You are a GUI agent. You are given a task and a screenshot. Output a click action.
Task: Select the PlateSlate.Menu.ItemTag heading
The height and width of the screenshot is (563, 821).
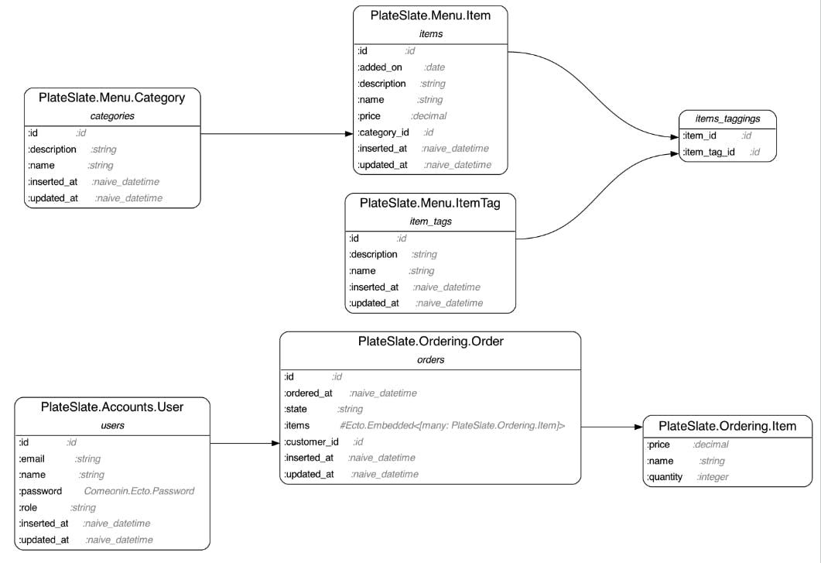click(x=430, y=203)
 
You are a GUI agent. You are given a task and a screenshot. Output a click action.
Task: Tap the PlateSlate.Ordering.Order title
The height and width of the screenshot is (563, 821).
click(x=430, y=341)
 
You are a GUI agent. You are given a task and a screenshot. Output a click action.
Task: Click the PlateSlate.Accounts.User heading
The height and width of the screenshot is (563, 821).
click(x=112, y=407)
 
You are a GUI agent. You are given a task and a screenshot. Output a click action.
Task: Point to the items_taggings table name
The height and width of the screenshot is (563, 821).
click(x=727, y=119)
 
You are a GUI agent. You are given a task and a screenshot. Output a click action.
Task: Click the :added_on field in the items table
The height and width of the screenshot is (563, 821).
click(x=380, y=67)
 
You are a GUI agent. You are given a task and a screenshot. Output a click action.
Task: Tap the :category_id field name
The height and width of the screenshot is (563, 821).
click(x=383, y=132)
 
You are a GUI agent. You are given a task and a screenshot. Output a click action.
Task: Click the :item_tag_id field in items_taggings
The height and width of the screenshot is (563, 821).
click(x=709, y=152)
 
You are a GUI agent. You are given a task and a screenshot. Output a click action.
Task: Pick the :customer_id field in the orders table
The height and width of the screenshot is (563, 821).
click(x=312, y=441)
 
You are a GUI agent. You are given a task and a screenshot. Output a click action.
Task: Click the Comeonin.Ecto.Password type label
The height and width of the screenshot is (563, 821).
click(x=139, y=491)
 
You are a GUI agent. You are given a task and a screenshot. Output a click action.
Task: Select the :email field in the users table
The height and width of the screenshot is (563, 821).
click(x=32, y=458)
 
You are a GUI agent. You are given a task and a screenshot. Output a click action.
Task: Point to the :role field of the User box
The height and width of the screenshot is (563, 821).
click(x=30, y=507)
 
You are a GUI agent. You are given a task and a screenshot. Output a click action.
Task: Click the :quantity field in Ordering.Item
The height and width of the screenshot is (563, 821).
click(x=665, y=477)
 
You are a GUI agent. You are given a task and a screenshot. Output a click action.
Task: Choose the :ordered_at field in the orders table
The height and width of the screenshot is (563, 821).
click(x=308, y=393)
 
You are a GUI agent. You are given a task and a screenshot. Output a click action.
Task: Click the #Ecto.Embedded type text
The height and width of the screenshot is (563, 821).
click(x=452, y=425)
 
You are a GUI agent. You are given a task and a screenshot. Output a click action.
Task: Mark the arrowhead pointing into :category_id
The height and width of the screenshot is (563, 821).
click(x=348, y=134)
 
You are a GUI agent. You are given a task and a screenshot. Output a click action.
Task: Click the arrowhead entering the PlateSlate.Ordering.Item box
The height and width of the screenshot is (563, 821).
click(x=638, y=427)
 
